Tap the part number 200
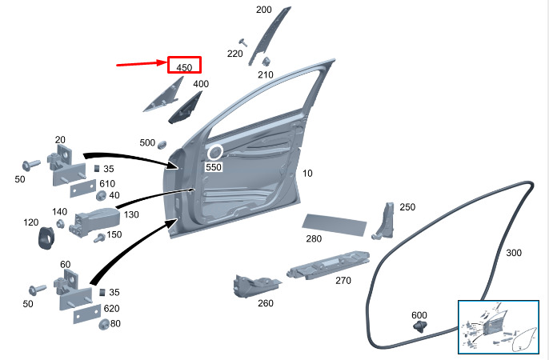point(263,10)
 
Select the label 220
point(234,54)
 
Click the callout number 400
point(201,84)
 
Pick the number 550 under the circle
point(213,167)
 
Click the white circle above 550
point(215,152)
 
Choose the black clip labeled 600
point(420,326)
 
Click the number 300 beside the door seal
point(514,253)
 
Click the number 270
point(343,280)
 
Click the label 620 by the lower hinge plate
point(113,308)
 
